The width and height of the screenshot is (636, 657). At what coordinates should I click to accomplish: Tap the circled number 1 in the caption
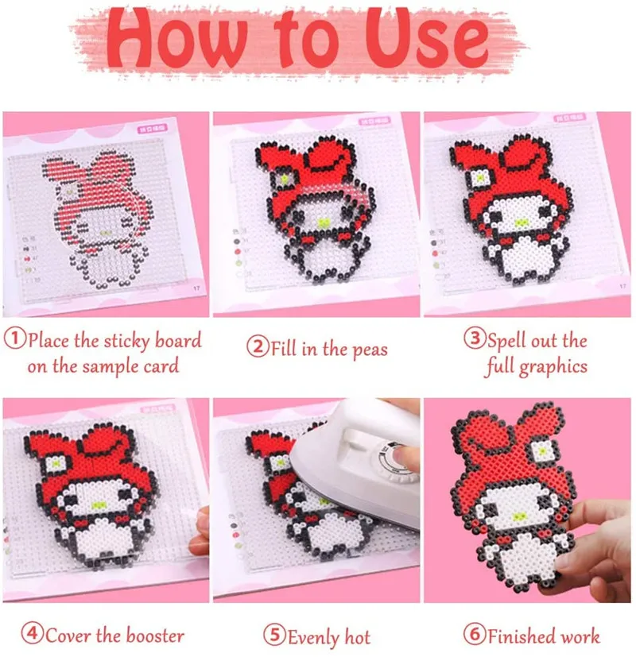click(x=15, y=341)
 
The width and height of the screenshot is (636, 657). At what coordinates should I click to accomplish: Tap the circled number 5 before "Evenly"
click(x=275, y=636)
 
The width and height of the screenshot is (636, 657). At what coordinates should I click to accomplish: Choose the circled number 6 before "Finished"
click(x=475, y=636)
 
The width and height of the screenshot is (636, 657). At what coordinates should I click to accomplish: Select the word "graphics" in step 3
click(x=553, y=366)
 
